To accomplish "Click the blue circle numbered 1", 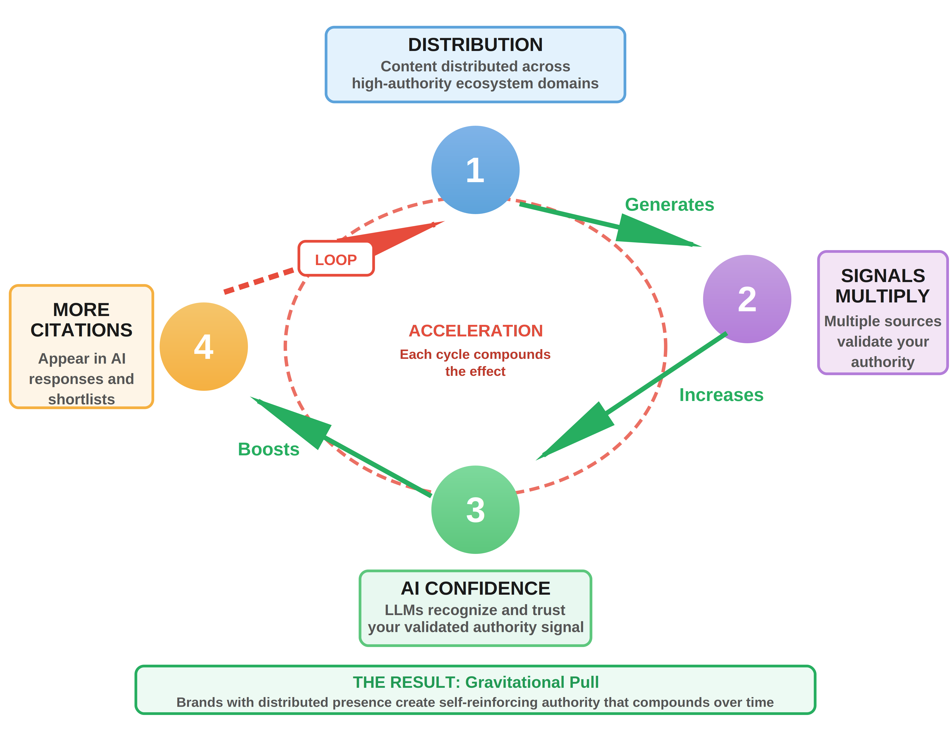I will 475,170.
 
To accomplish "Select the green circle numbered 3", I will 475,510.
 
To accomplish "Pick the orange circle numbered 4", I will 204,347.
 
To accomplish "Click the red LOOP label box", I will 336,259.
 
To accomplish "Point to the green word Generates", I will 669,204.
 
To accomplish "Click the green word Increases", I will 721,395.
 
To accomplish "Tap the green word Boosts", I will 269,449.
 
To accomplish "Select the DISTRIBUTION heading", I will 475,44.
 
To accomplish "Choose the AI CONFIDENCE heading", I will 475,588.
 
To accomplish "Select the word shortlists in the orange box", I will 82,399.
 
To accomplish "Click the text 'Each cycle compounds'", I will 475,354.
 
